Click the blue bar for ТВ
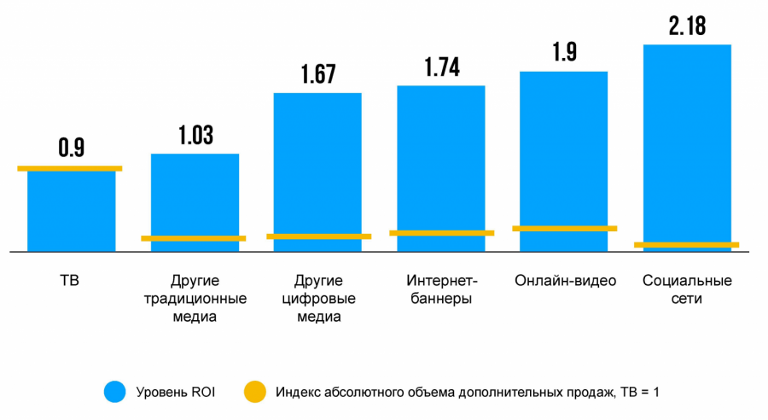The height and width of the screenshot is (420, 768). point(71,211)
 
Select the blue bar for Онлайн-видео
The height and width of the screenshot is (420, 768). point(563,154)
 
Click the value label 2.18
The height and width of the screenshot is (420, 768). point(687,26)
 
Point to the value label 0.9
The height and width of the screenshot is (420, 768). point(71,147)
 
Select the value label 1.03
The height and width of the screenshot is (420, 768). point(195,135)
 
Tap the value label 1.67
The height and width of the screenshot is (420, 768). point(318,74)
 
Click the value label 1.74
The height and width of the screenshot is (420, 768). point(441,67)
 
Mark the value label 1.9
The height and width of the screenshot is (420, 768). point(564,52)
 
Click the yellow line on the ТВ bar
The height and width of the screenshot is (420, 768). point(70,168)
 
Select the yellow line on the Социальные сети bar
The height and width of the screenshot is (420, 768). point(687,245)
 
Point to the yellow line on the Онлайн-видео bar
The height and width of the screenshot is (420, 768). point(564,229)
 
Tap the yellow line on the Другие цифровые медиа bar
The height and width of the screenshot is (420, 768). point(318,236)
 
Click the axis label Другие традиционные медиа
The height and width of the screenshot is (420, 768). point(195,299)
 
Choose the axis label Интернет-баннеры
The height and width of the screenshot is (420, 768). point(441,289)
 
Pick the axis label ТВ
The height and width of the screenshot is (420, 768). point(70,280)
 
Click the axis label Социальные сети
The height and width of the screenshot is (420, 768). point(687,289)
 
